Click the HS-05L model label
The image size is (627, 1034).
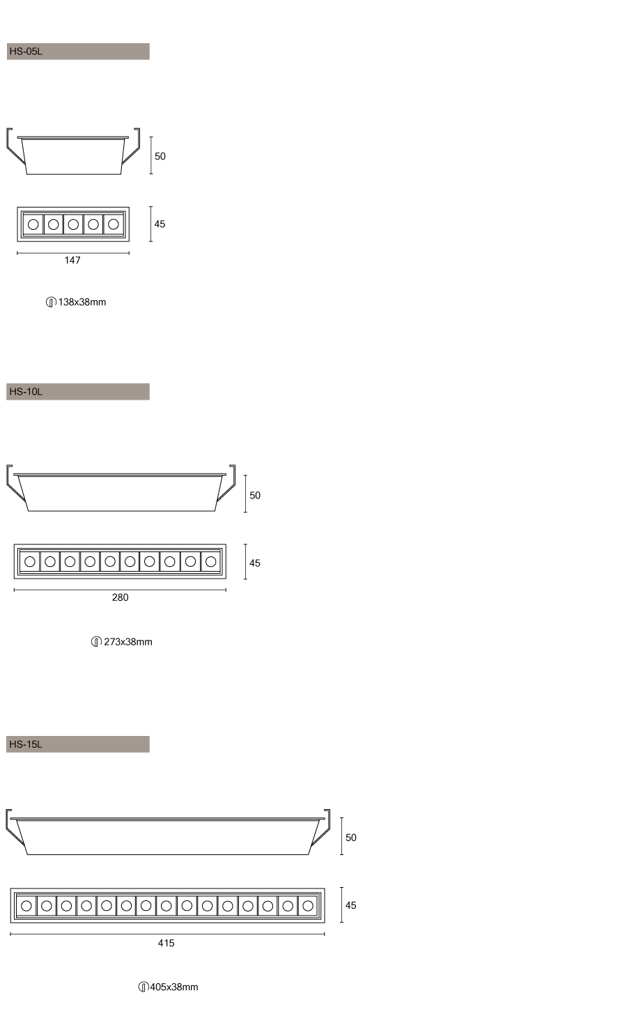26,52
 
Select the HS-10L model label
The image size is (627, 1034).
26,392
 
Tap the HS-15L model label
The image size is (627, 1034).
26,744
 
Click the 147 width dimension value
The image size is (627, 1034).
72,260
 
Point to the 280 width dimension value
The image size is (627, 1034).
120,597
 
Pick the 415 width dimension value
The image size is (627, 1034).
167,943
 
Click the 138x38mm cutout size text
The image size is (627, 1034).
82,302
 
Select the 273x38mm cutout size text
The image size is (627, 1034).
128,641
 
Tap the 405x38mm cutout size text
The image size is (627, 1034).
174,987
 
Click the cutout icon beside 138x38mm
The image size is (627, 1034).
51,302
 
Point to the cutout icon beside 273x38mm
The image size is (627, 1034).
96,642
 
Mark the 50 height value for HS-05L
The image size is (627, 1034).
160,157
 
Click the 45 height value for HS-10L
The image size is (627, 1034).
255,563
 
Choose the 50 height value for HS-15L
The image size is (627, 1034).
351,838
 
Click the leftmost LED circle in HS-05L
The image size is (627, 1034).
33,224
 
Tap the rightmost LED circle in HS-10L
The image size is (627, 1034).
211,562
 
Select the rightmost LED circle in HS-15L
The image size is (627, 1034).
308,906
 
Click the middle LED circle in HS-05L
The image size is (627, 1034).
73,224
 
